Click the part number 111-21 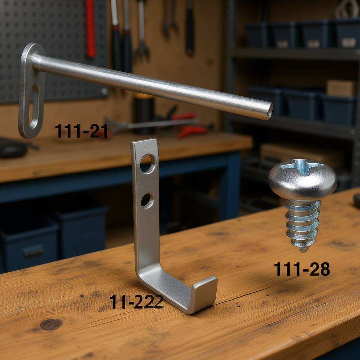pos(81,130)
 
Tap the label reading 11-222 pos(136,301)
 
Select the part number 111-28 pos(302,269)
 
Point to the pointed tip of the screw pos(303,250)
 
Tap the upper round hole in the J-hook pos(148,164)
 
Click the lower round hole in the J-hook pos(147,201)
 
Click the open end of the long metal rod pos(270,111)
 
